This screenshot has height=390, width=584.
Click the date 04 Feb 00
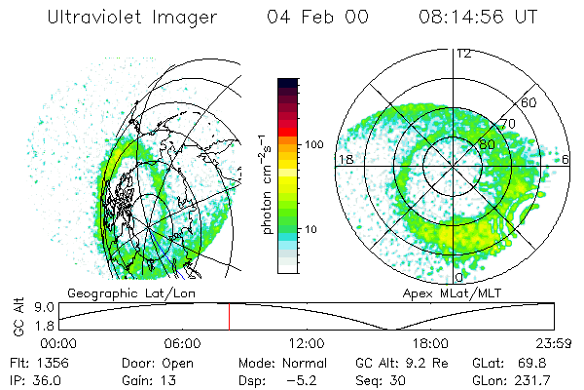pyautogui.click(x=315, y=17)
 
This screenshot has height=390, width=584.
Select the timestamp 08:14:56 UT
pyautogui.click(x=478, y=17)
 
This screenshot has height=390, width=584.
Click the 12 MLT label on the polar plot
pyautogui.click(x=463, y=54)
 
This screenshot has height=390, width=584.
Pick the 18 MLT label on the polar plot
pyautogui.click(x=345, y=158)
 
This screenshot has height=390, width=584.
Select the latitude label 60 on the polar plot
pyautogui.click(x=530, y=101)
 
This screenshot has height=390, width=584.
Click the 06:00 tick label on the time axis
pyautogui.click(x=182, y=343)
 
